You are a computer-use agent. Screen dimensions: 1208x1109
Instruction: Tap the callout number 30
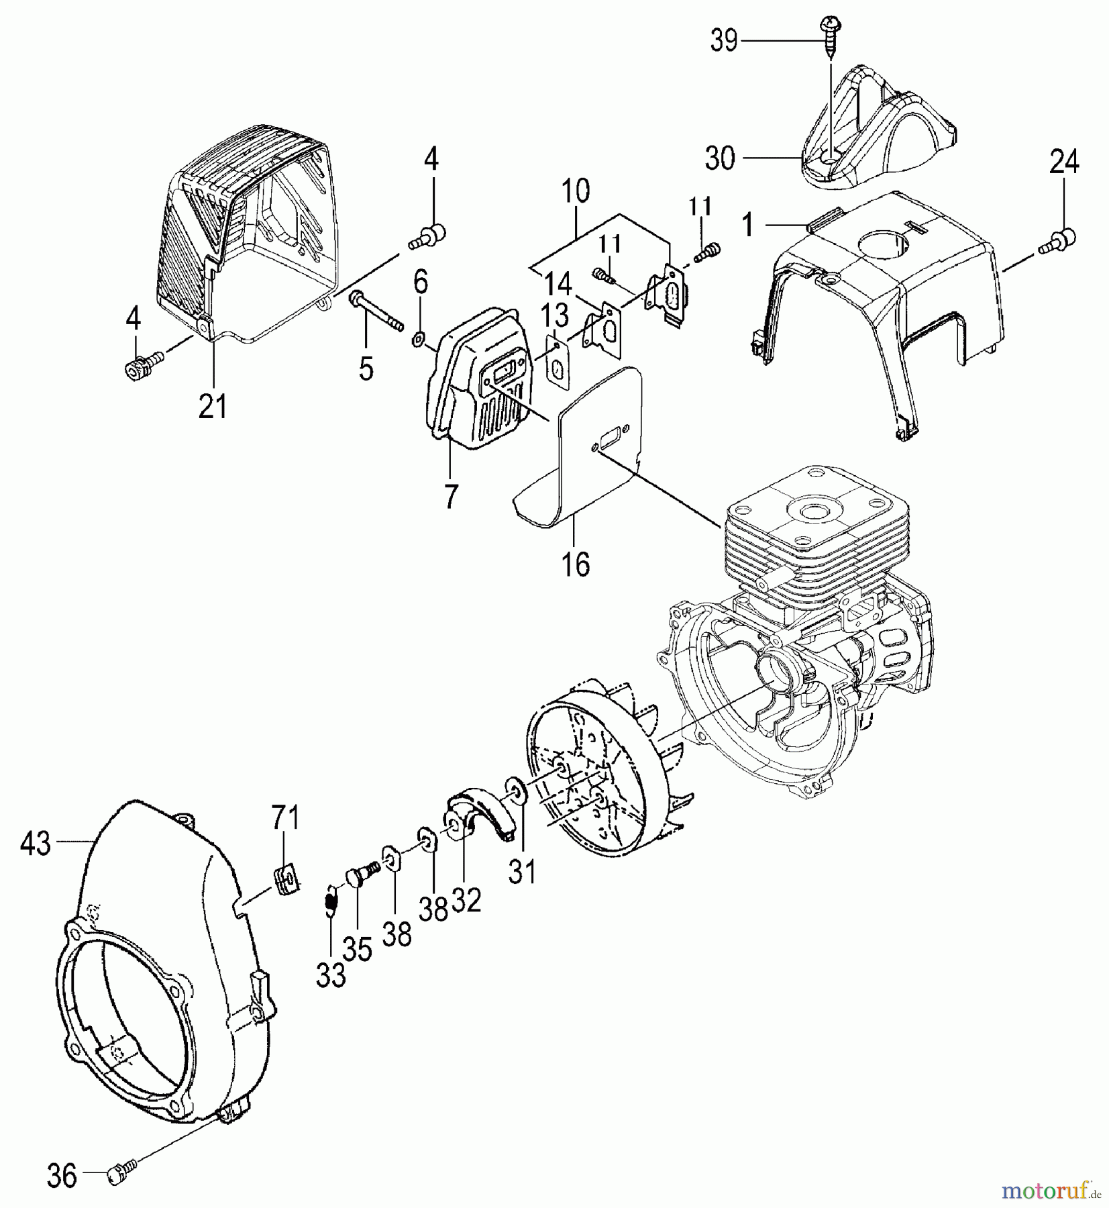720,159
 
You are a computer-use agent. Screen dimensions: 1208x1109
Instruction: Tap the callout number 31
523,872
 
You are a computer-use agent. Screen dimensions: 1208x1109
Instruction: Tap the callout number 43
35,844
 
